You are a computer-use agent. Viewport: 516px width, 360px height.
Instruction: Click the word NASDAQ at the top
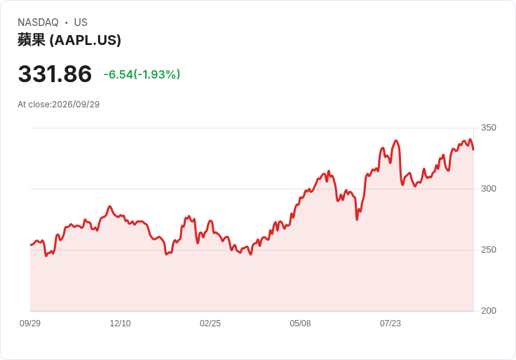38,22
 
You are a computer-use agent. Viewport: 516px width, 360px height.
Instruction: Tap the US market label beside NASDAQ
81,22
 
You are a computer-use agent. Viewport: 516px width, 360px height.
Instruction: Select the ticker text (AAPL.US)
86,40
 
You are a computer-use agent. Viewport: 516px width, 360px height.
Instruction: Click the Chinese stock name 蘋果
32,40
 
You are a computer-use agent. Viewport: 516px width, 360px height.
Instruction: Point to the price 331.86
55,74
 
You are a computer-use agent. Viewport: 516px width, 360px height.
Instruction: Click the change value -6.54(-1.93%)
142,74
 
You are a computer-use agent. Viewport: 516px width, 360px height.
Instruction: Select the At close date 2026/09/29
76,105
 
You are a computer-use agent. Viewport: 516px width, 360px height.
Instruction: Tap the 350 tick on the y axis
489,128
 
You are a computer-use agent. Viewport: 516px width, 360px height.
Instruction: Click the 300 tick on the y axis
489,189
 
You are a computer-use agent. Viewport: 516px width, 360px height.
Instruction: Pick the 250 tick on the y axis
489,250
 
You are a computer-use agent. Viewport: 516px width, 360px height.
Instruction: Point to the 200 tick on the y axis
489,311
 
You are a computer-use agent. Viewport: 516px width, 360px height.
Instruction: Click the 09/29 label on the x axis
30,324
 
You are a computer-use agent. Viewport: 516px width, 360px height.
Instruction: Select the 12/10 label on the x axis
120,324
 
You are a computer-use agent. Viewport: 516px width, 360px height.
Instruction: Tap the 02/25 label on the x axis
210,324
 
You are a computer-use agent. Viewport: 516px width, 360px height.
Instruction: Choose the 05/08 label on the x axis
300,324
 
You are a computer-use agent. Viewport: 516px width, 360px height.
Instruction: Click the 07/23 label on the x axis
391,324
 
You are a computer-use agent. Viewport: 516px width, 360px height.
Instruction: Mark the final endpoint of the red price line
473,150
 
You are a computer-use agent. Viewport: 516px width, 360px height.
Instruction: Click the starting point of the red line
31,245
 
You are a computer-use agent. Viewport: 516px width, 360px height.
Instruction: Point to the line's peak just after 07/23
396,140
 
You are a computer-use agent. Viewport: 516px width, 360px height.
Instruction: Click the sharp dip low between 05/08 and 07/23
357,220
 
